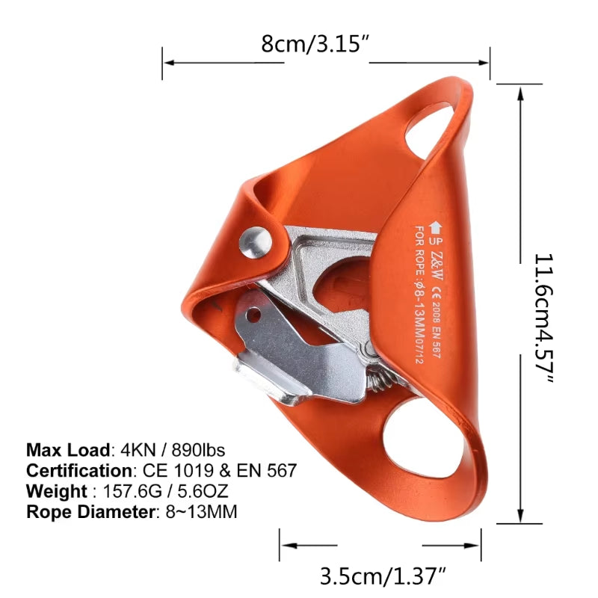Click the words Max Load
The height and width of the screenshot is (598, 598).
coord(67,450)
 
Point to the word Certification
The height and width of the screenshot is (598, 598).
coord(78,471)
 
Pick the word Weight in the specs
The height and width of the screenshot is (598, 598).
coord(56,492)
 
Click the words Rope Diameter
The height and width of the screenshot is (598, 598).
coord(89,513)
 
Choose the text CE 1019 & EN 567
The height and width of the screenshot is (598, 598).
coord(216,471)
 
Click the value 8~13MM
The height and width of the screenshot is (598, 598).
coord(201,513)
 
